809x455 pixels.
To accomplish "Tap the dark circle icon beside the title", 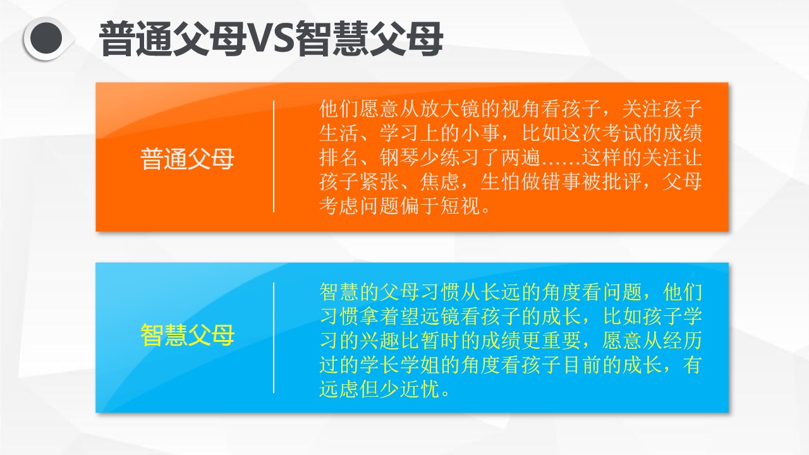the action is click(46, 39).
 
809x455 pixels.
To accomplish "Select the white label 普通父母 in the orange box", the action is click(187, 159).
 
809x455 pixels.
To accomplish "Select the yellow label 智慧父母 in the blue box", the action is click(187, 336).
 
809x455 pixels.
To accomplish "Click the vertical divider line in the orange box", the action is click(274, 156).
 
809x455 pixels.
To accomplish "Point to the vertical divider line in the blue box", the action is click(274, 337).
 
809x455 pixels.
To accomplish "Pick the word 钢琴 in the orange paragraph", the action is click(399, 157).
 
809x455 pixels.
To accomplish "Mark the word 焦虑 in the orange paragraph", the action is click(439, 181).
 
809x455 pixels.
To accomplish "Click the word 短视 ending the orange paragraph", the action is click(459, 206).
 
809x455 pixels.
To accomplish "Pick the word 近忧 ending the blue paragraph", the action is click(419, 389).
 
